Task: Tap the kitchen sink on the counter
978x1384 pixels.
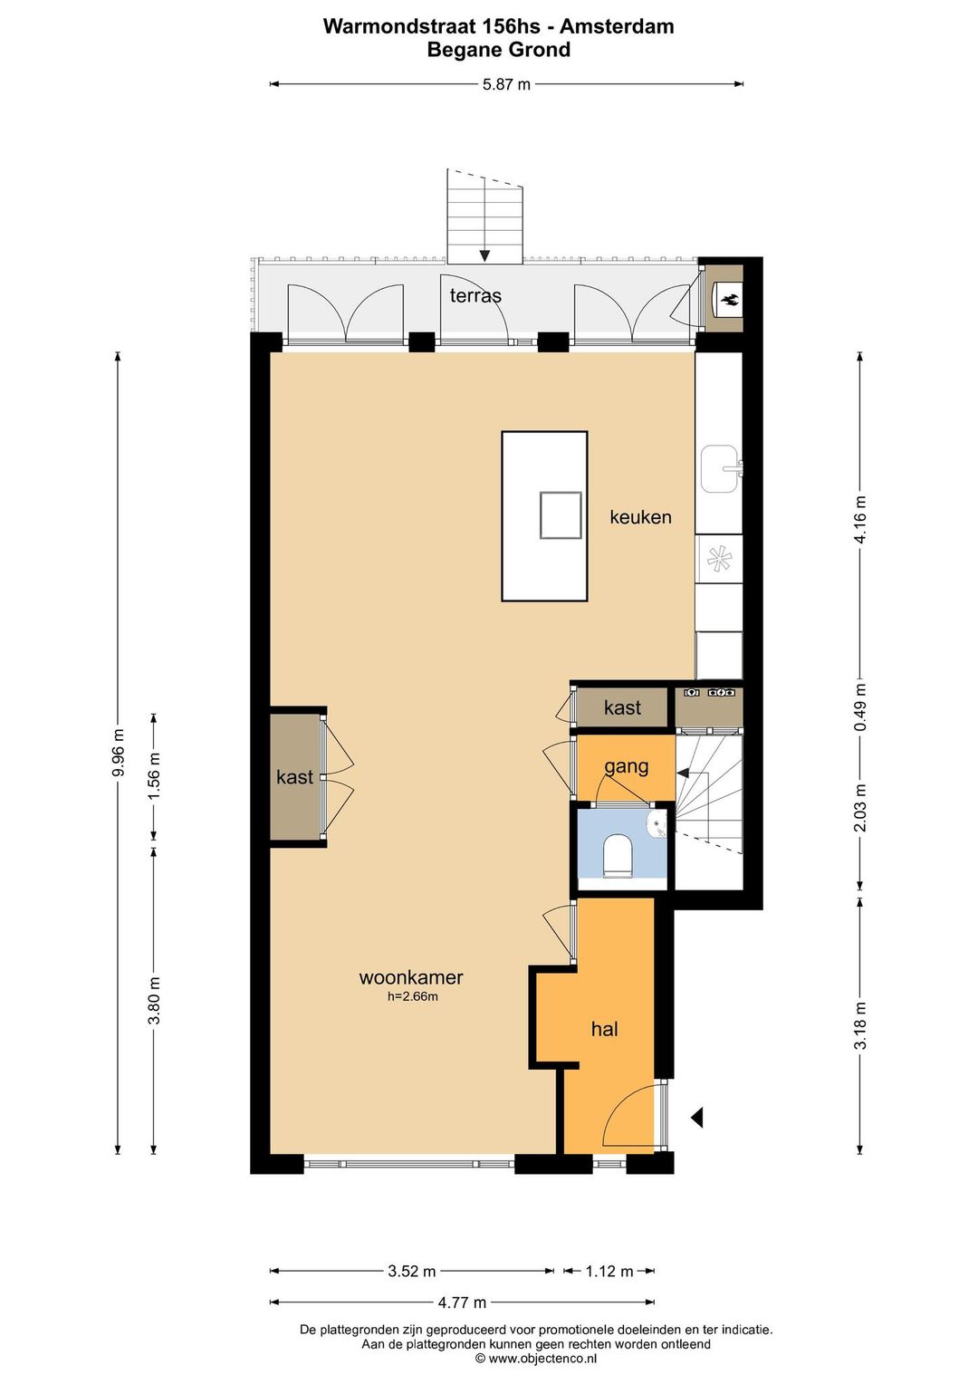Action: coord(721,468)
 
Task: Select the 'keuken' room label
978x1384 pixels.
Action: coord(640,516)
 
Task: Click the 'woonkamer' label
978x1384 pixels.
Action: coord(411,977)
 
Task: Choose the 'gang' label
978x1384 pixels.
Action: coord(627,767)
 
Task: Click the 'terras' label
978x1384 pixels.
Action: coord(475,295)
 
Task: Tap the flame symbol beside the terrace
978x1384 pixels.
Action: coord(729,300)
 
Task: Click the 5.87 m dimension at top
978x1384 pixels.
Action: coord(506,84)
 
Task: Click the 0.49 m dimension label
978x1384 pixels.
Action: coord(859,707)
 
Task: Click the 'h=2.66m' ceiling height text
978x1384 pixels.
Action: coord(412,996)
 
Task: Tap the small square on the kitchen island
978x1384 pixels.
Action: coord(561,514)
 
